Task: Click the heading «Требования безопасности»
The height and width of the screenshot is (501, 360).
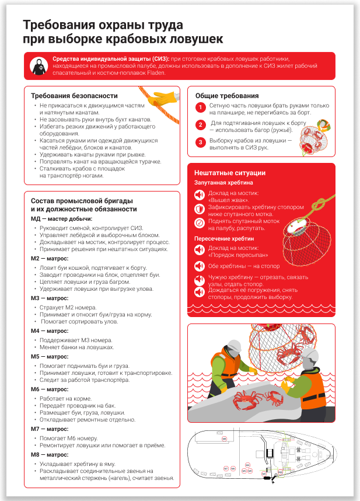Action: (x=74, y=96)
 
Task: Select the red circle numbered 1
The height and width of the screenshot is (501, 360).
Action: (x=200, y=107)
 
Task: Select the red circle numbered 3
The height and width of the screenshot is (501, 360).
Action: (x=200, y=142)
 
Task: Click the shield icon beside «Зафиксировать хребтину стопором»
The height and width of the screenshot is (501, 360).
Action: (x=200, y=208)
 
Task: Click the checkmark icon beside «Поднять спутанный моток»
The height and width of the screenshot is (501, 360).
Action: (x=200, y=222)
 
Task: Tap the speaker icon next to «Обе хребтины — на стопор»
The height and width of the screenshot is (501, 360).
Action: (x=200, y=266)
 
